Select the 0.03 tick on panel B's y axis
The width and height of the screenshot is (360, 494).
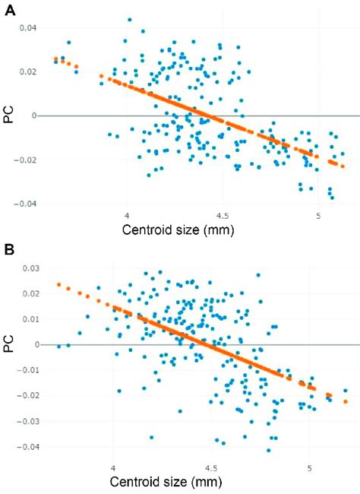tap(34, 268)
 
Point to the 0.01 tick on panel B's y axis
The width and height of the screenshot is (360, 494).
tap(34, 319)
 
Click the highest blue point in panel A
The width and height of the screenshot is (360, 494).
tap(130, 20)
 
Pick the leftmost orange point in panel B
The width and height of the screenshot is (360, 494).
tap(58, 285)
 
